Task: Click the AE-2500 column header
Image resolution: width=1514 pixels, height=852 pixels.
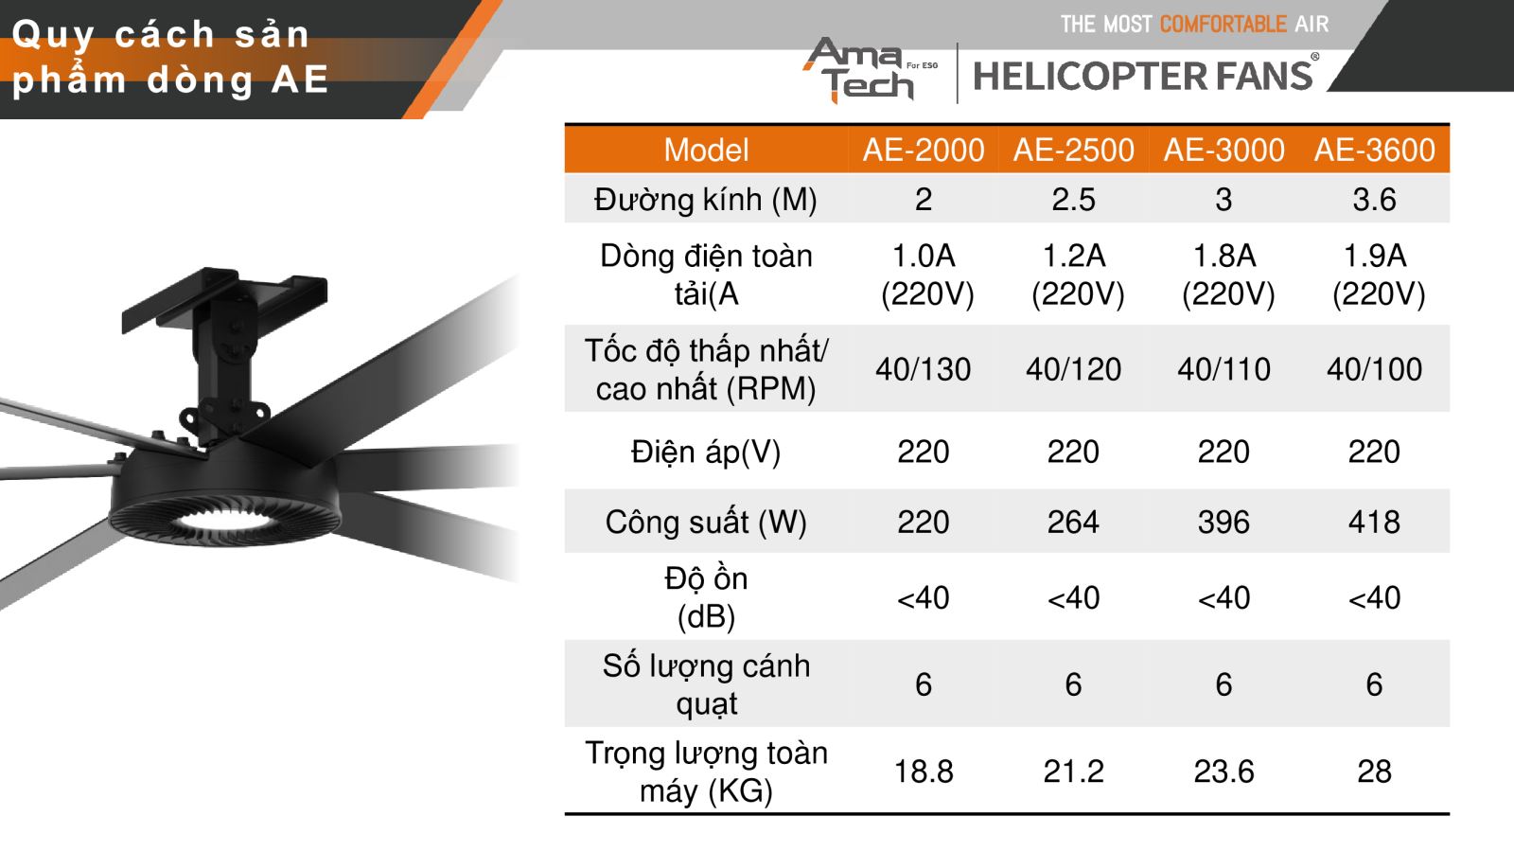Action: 1073,150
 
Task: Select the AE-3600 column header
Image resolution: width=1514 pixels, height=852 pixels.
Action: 1374,150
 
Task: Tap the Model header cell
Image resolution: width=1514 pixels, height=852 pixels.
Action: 706,150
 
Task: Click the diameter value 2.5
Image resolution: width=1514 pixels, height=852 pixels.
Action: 1073,200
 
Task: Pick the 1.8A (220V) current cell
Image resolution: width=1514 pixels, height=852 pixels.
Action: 1226,275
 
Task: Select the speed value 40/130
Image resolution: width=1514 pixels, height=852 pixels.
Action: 924,369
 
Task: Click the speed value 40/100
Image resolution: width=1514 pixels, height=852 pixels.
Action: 1374,369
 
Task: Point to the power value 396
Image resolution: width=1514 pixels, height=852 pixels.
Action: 1224,522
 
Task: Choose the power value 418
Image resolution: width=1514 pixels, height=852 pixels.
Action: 1374,522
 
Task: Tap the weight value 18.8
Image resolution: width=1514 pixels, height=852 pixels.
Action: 924,771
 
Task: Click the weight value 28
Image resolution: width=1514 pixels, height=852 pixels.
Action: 1374,771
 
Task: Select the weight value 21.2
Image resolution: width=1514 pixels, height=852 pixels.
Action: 1073,771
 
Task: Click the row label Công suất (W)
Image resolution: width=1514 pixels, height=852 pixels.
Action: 706,522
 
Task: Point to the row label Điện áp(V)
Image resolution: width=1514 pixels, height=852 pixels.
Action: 706,452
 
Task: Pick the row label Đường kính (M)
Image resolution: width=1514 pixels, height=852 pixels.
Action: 706,200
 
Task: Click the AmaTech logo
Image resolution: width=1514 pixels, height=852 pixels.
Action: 870,70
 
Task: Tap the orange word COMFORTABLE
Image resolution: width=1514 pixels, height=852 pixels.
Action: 1223,25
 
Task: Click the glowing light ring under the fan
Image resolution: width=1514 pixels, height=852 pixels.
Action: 223,521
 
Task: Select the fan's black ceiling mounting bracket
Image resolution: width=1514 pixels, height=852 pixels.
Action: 224,351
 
